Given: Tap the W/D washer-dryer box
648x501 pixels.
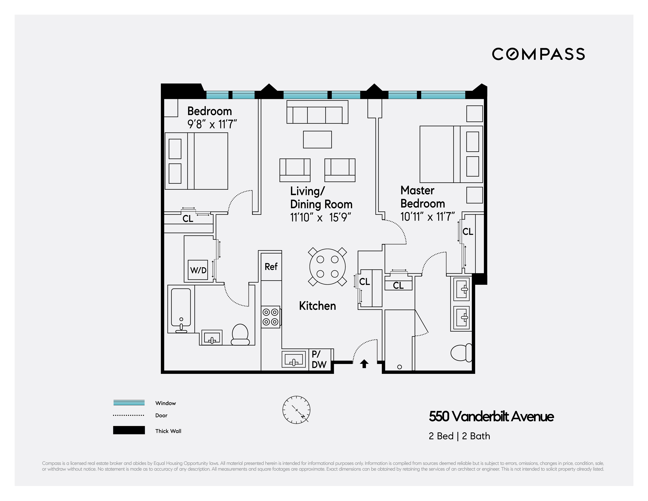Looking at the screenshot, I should click(198, 270).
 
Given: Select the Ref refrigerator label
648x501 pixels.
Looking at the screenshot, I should click(271, 266).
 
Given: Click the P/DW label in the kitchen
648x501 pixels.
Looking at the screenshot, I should click(319, 359).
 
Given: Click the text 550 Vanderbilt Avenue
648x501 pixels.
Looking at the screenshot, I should click(491, 416).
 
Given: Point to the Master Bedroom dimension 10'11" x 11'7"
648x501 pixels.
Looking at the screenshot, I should click(427, 217).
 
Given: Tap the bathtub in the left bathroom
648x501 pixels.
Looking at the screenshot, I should click(181, 309).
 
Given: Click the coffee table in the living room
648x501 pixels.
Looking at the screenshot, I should click(317, 139).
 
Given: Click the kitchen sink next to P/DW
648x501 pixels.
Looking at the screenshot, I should click(293, 359).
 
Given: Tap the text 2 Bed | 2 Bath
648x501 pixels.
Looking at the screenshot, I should click(459, 436).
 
